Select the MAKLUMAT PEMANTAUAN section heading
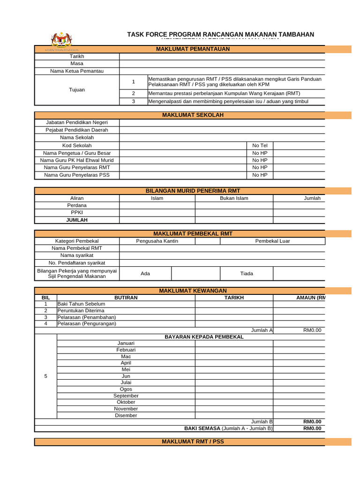[193, 49]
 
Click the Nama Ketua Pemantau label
[77, 71]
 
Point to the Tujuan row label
[77, 90]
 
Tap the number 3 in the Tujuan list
[133, 101]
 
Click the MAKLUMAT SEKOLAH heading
[193, 115]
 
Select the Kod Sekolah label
[77, 146]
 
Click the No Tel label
[260, 146]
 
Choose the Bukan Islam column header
[234, 198]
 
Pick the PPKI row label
[77, 212]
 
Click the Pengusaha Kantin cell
[157, 241]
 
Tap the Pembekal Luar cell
[272, 241]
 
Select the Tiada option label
[247, 273]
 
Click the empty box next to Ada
[195, 273]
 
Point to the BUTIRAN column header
[126, 297]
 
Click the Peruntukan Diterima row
[126, 310]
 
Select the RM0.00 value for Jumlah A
[312, 330]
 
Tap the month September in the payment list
[126, 396]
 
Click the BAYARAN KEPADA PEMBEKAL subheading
[204, 337]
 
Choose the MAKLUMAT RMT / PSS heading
[193, 442]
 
